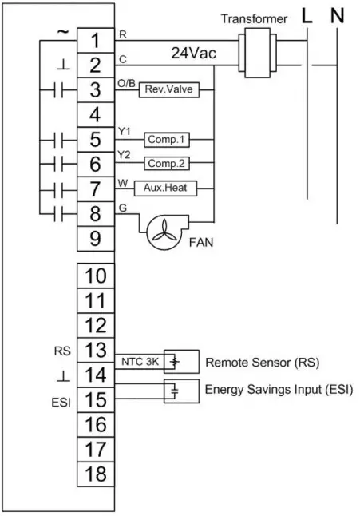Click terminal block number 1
95,39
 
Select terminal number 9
95,237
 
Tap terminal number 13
95,350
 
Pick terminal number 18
95,474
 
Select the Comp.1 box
166,139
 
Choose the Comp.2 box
166,164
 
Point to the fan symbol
164,228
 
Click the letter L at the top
306,15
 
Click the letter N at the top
338,15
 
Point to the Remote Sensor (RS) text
262,362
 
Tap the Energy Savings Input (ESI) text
278,389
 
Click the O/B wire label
125,82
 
